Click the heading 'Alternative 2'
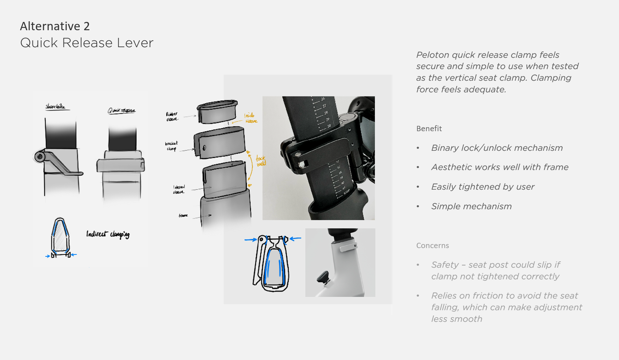click(x=55, y=26)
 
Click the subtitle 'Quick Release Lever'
click(x=87, y=43)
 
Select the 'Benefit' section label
click(x=429, y=129)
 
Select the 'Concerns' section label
click(x=432, y=245)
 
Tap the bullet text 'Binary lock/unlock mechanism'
click(x=497, y=148)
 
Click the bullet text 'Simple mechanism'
click(x=471, y=206)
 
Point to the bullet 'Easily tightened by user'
click(x=482, y=187)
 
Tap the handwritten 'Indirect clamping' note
click(x=108, y=234)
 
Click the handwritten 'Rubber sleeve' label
click(x=172, y=116)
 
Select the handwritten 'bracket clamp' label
click(x=171, y=146)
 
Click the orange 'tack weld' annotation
click(x=261, y=161)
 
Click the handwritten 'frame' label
click(x=183, y=216)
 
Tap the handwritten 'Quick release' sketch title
click(x=121, y=111)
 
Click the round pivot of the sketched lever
click(x=40, y=156)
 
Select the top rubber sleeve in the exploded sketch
click(x=217, y=112)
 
